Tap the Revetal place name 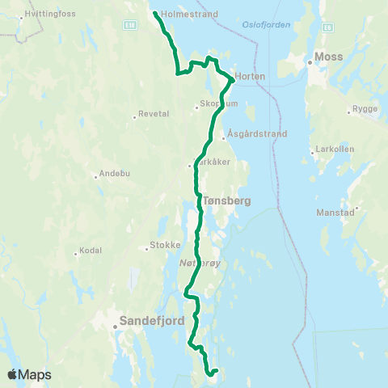(154, 114)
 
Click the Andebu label (110, 174)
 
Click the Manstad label (336, 212)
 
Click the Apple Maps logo (29, 374)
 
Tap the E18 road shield (129, 25)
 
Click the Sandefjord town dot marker (115, 327)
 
